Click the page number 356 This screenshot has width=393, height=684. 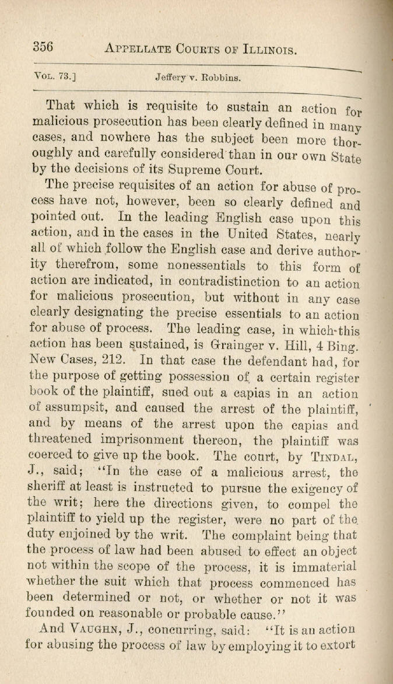43,47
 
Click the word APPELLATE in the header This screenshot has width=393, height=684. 139,48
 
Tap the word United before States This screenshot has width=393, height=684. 254,235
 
